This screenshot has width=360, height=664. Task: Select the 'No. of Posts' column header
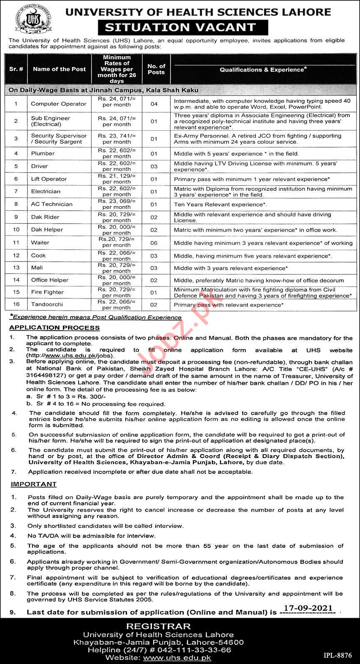click(x=156, y=69)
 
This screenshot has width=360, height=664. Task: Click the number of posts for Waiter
click(x=154, y=243)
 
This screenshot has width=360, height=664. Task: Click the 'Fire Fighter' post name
click(x=47, y=292)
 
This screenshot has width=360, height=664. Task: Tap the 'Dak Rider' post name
click(x=45, y=217)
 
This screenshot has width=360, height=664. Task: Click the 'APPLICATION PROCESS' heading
click(x=55, y=327)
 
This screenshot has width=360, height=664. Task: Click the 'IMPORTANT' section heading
click(x=33, y=484)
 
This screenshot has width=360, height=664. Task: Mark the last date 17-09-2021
click(x=308, y=608)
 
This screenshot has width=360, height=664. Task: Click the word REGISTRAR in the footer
click(x=158, y=626)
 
